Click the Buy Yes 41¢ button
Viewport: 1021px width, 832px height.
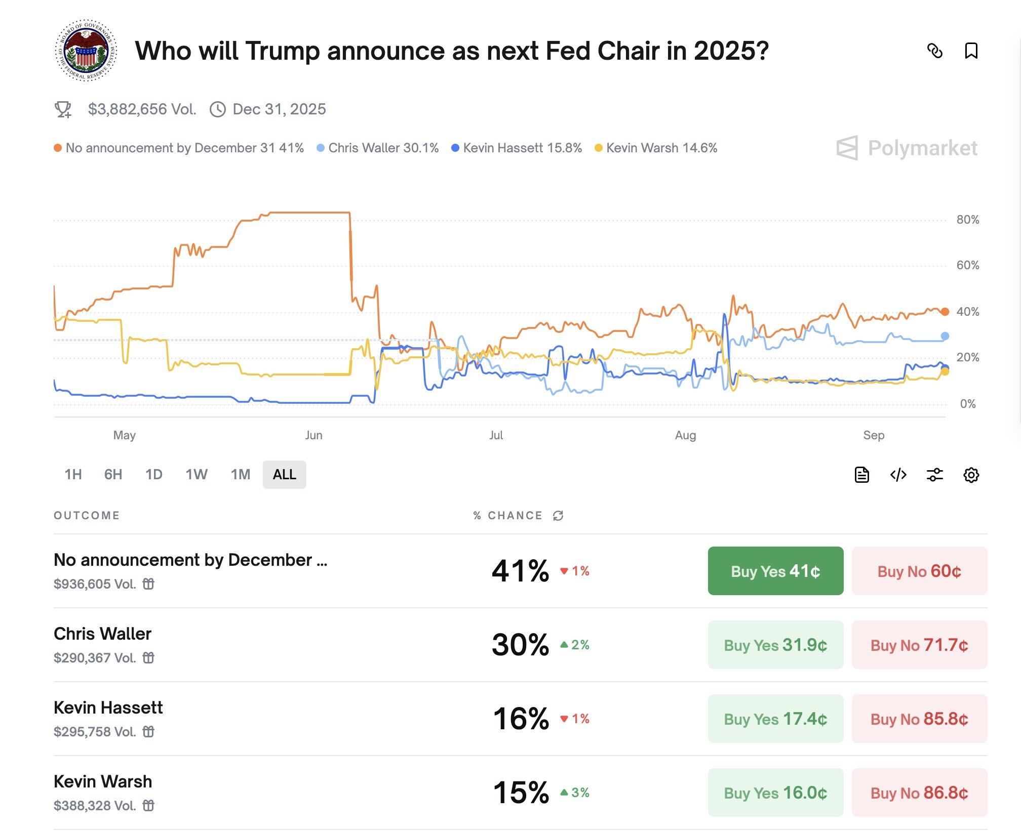775,571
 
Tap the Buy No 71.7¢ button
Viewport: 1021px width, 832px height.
919,645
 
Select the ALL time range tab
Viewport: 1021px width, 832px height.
284,474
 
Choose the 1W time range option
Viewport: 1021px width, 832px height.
196,474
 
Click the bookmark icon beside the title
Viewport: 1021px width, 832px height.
971,51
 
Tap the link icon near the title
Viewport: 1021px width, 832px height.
934,51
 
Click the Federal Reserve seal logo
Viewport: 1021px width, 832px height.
86,51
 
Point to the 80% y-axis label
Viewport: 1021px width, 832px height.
967,220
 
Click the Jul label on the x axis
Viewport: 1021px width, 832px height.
496,435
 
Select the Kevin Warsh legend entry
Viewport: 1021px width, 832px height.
656,148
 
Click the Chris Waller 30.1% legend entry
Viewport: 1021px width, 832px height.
378,148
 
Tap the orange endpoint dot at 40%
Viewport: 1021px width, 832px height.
945,312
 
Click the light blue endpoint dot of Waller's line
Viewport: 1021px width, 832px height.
945,336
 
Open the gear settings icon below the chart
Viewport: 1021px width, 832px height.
971,475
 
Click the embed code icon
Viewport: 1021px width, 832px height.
898,475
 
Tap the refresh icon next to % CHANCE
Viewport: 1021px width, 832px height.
558,515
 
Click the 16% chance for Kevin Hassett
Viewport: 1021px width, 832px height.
521,719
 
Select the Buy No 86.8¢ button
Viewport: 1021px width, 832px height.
919,793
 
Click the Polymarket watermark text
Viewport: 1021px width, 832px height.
922,148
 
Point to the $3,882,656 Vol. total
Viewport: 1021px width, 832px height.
142,109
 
